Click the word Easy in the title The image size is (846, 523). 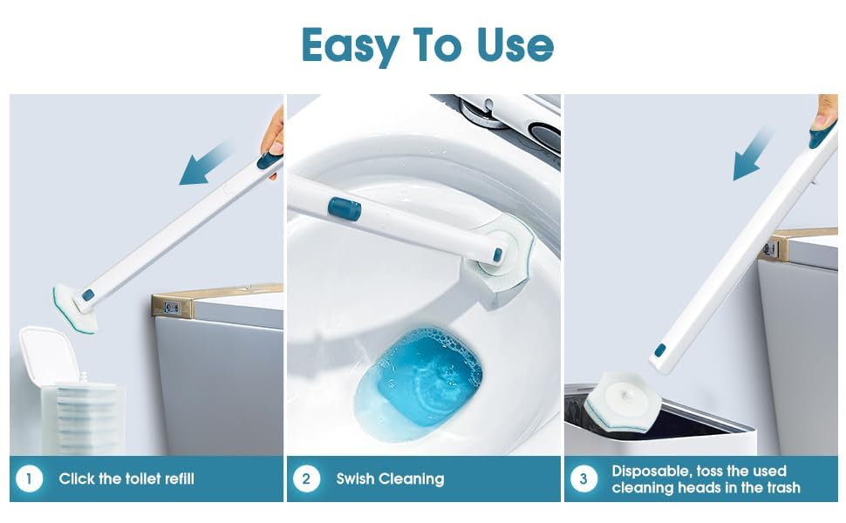(351, 46)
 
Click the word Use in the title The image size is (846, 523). (515, 44)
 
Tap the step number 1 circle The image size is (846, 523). (29, 479)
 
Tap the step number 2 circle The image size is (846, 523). (306, 479)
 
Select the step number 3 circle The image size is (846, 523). (583, 479)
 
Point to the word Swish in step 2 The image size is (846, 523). (354, 479)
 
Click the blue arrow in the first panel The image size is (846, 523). (206, 164)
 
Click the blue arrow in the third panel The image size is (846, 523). (752, 153)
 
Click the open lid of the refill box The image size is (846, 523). (43, 356)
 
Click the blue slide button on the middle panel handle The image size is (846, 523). (345, 208)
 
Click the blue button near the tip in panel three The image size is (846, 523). (660, 350)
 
